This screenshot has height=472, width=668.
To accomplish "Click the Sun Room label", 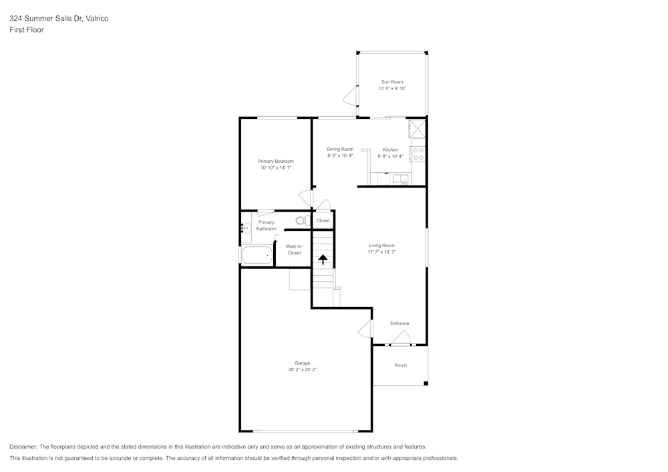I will pyautogui.click(x=392, y=82).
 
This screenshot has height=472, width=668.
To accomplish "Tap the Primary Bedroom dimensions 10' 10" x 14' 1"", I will pyautogui.click(x=276, y=168).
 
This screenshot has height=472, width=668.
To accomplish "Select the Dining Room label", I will pyautogui.click(x=340, y=149).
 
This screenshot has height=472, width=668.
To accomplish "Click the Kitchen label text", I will pyautogui.click(x=390, y=150).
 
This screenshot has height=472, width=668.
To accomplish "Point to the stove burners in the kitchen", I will pyautogui.click(x=419, y=154).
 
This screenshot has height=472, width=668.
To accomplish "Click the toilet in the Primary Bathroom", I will pyautogui.click(x=301, y=220).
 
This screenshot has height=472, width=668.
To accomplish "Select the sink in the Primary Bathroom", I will pyautogui.click(x=245, y=228).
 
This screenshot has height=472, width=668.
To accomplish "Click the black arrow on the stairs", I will pyautogui.click(x=323, y=259).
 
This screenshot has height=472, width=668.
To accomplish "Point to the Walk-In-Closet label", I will pyautogui.click(x=294, y=250).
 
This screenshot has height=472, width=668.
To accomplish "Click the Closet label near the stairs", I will pyautogui.click(x=323, y=220).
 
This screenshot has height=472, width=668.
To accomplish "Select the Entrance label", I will pyautogui.click(x=399, y=324).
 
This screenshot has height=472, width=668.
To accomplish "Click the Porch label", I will pyautogui.click(x=400, y=365).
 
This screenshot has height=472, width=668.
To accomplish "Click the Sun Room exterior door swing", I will pyautogui.click(x=350, y=98).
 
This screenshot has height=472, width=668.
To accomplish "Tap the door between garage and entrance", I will pyautogui.click(x=366, y=328).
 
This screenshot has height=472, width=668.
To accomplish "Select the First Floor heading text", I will pyautogui.click(x=27, y=30).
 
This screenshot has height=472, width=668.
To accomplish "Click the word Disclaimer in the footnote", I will pyautogui.click(x=23, y=447).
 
